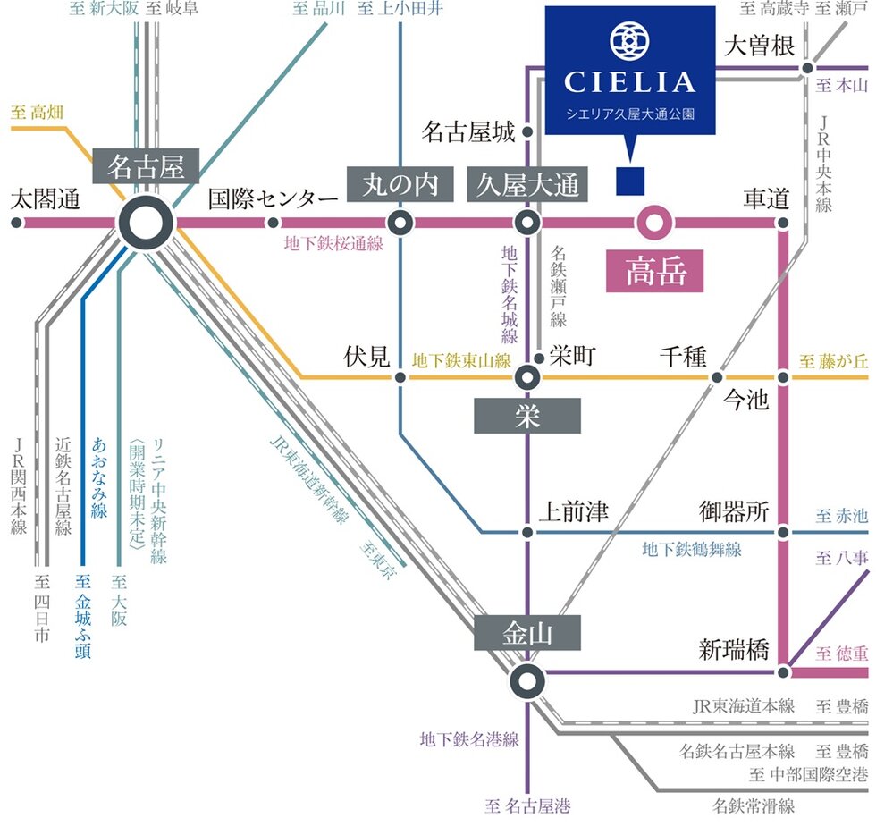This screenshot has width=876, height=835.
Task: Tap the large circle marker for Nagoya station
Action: pos(147,223)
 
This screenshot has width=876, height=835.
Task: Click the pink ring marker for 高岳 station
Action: pos(654,222)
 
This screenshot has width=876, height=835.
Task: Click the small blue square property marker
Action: pos(630,181)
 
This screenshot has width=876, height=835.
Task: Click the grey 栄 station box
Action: pos(527,417)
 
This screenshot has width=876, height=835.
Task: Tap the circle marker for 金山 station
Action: pos(527,681)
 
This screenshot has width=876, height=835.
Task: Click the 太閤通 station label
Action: pos(45,199)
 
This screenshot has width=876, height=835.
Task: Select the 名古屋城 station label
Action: pos(468,133)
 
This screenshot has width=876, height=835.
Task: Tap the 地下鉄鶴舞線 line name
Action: pos(692,550)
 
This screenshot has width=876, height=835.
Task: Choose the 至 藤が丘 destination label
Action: pos(833,362)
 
